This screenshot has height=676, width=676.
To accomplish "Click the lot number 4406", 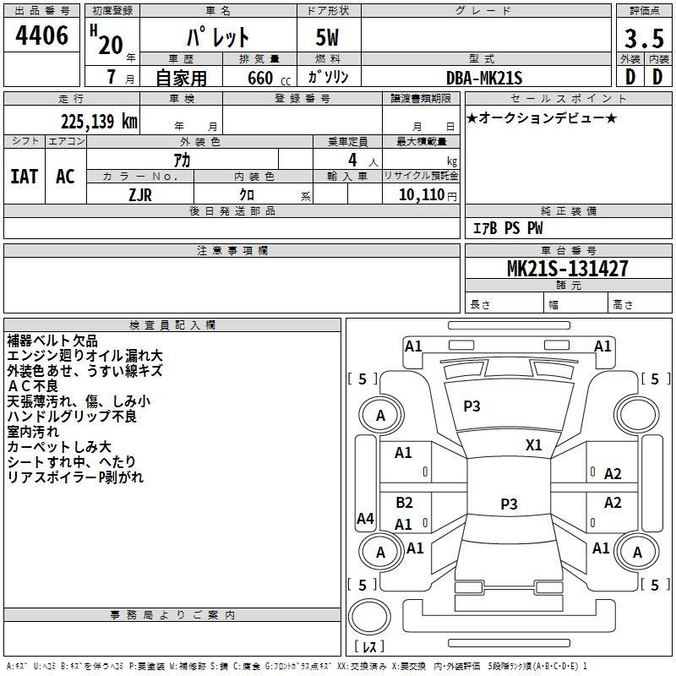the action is point(42,36).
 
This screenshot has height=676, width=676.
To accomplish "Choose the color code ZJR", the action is point(140,194).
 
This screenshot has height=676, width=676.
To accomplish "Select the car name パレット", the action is point(217,38).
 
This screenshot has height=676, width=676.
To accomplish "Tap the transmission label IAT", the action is point(24,177).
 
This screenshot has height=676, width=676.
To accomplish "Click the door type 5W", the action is point(329,38).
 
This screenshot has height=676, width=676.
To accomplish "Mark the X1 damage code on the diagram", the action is point(534,444).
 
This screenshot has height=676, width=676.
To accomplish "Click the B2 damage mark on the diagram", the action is point(404,503).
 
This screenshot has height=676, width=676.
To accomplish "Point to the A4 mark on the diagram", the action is point(365,519).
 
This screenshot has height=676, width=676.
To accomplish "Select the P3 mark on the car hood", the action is point(472,406).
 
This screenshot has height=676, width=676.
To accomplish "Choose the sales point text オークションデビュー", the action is point(542,118).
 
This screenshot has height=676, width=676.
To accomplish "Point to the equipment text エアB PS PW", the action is point(507,228).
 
